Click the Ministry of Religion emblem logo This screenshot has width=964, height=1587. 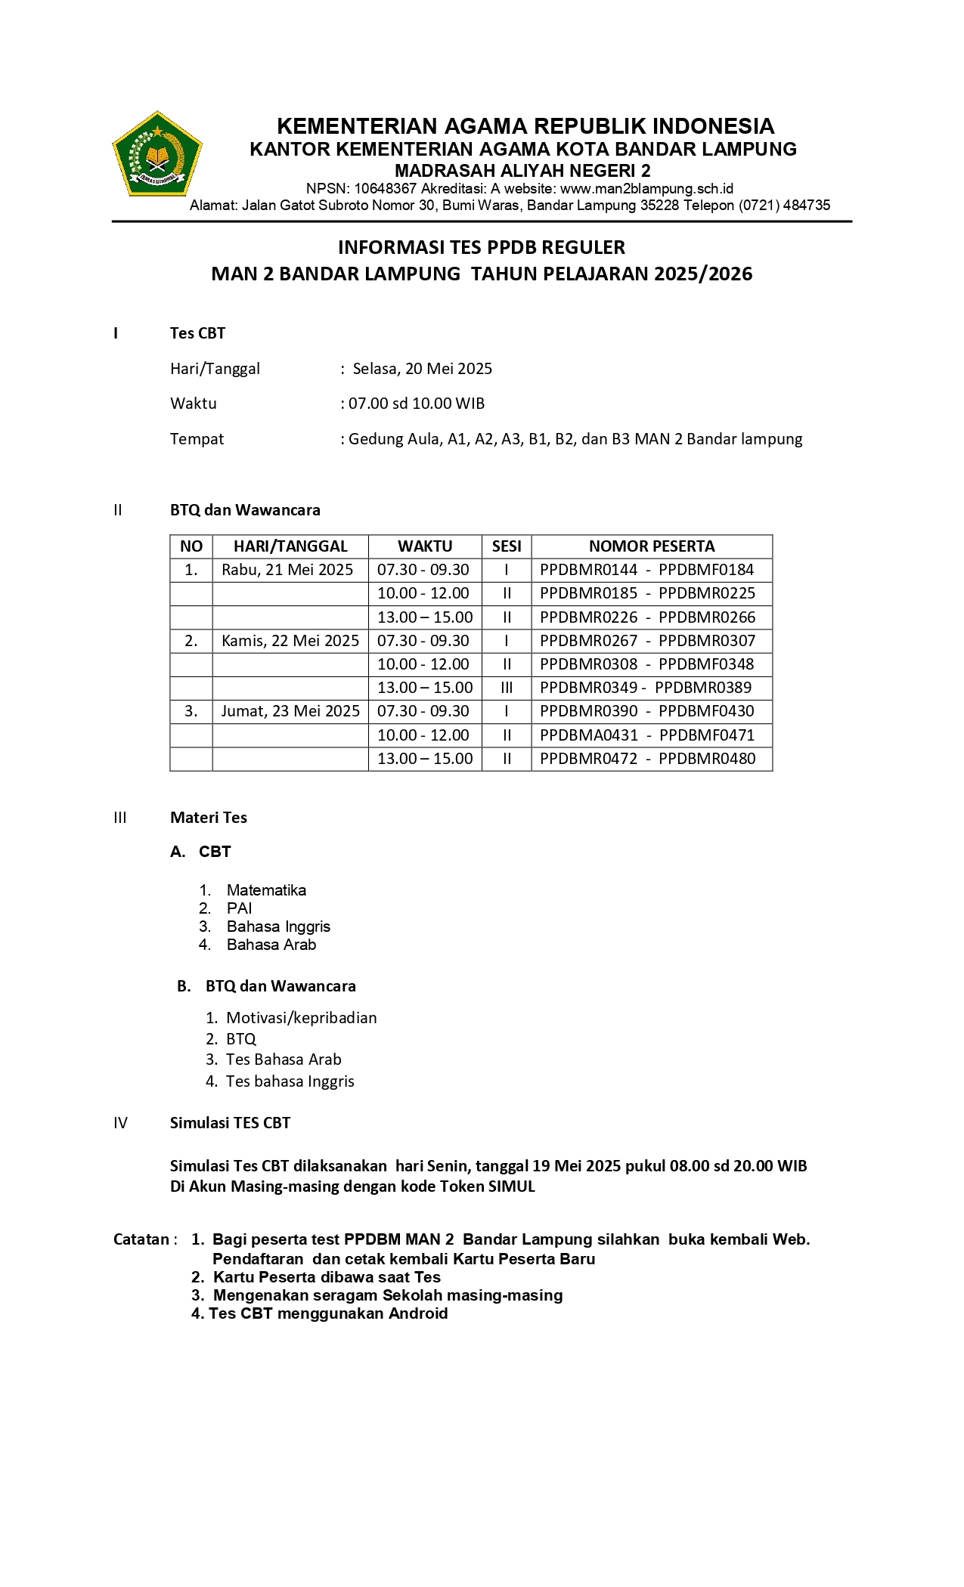157,155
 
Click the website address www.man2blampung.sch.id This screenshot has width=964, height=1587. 646,189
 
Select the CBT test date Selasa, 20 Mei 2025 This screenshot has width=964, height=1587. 422,369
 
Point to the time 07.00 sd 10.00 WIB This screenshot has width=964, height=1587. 416,404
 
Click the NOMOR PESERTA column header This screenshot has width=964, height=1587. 651,546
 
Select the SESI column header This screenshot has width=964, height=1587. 507,546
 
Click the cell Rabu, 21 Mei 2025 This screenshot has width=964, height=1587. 287,570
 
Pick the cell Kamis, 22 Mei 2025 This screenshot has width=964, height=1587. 290,641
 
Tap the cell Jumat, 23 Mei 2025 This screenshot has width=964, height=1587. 290,711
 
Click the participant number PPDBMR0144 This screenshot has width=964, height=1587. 588,570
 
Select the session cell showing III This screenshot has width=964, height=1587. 507,688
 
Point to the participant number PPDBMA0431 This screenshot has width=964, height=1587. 589,735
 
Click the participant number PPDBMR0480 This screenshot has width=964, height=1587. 707,759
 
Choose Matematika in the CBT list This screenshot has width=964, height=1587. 266,890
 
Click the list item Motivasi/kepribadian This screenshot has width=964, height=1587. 301,1018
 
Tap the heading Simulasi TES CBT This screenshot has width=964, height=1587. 230,1123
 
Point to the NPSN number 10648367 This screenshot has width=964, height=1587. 386,189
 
